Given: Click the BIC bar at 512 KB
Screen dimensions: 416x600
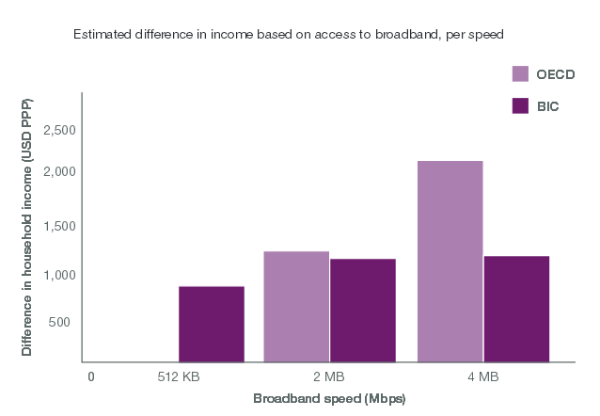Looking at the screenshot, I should (x=212, y=324).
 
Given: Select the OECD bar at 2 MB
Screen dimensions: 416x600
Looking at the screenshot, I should (x=296, y=307).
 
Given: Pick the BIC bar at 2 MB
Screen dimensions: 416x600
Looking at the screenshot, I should (x=363, y=311).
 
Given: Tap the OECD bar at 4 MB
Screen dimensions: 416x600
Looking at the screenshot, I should (x=450, y=261).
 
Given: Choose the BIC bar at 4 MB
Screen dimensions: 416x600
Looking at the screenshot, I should (x=516, y=309).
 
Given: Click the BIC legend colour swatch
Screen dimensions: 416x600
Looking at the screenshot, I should (x=519, y=105).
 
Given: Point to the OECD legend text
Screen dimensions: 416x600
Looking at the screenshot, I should (x=555, y=74).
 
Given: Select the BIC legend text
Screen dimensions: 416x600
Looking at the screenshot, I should (x=547, y=105).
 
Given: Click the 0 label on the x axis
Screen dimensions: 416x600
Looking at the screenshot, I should (x=91, y=377).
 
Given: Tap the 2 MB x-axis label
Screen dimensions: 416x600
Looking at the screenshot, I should (x=328, y=377).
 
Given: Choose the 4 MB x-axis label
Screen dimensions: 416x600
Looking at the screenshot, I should (x=482, y=377).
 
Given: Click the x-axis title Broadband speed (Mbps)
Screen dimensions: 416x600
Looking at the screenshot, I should (x=328, y=399).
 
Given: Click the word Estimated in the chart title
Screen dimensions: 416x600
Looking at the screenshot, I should (x=99, y=34).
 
